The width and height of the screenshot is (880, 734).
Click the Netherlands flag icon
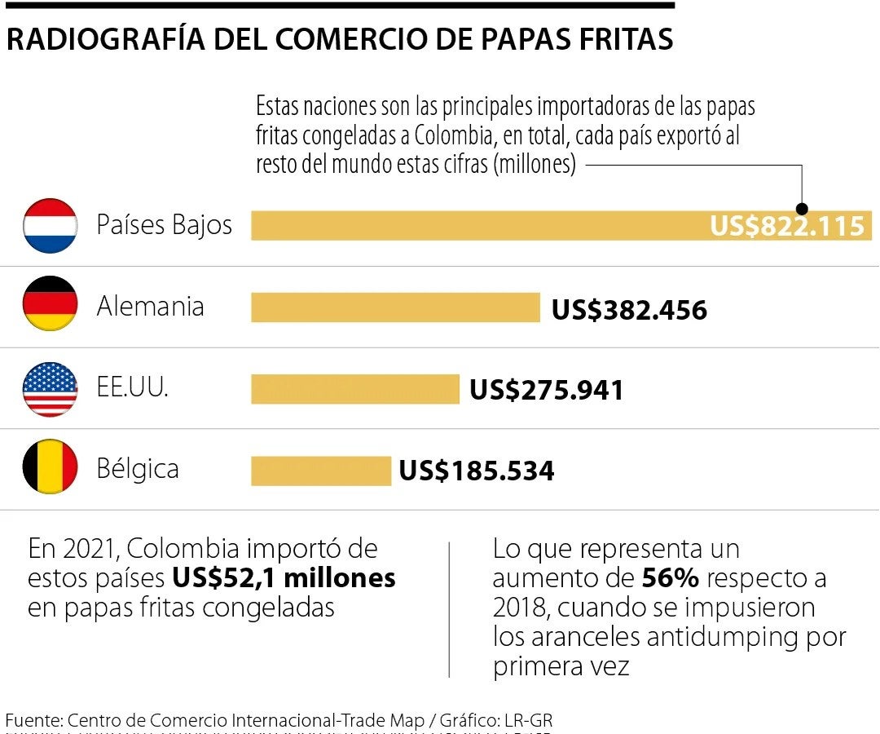pyautogui.click(x=50, y=225)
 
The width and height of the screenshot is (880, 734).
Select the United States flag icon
pyautogui.click(x=50, y=389)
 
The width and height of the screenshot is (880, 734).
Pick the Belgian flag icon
pyautogui.click(x=50, y=467)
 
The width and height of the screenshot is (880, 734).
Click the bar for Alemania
pyautogui.click(x=395, y=307)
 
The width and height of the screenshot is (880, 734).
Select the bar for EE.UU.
pyautogui.click(x=354, y=389)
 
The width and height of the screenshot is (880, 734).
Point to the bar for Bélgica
pyautogui.click(x=320, y=471)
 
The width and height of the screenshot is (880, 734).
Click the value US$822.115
pyautogui.click(x=786, y=226)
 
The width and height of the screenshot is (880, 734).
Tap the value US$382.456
pyautogui.click(x=629, y=310)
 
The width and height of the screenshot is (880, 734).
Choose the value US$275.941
pyautogui.click(x=546, y=390)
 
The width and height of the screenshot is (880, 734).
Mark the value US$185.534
pyautogui.click(x=476, y=471)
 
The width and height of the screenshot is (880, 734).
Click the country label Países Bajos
pyautogui.click(x=164, y=225)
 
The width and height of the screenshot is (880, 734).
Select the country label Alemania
pyautogui.click(x=150, y=307)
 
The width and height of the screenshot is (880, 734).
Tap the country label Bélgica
pyautogui.click(x=137, y=469)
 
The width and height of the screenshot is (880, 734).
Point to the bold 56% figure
pyautogui.click(x=670, y=578)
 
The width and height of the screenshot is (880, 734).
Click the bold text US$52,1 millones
pyautogui.click(x=284, y=578)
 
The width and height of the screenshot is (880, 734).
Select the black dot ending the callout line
pyautogui.click(x=802, y=209)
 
